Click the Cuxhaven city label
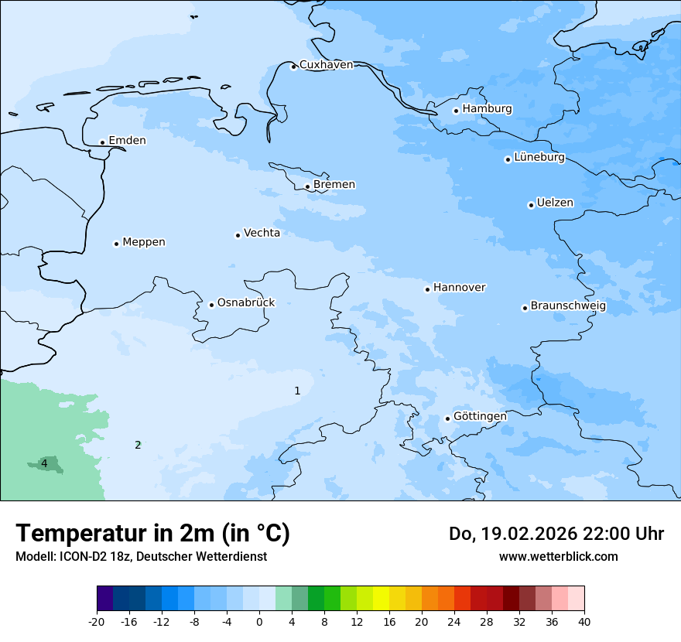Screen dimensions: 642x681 pos(326,65)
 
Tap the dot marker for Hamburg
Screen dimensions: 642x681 pos(456,111)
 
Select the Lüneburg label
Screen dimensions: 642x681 pos(539,158)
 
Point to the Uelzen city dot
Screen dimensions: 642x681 pos(531,205)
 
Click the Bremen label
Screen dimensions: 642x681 pos(334,185)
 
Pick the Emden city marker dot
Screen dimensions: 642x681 pos(102,142)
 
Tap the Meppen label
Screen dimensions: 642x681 pos(144,242)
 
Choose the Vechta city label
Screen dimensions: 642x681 pos(262,233)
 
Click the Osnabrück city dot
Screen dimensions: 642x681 pos(211,305)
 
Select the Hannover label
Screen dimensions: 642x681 pos(459,288)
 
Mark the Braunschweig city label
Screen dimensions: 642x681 pos(568,306)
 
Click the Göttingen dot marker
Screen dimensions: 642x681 pos(447,418)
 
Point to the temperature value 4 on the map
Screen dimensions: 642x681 pos(44,463)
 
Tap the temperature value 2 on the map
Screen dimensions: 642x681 pos(138,445)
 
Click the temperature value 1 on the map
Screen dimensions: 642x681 pos(297,391)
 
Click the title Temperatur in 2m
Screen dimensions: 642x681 pos(152,533)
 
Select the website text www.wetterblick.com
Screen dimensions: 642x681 pos(558,556)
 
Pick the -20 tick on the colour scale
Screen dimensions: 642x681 pos(97,621)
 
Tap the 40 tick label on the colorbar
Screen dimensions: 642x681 pos(583,621)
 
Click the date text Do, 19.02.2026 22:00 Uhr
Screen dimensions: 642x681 pos(556,534)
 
